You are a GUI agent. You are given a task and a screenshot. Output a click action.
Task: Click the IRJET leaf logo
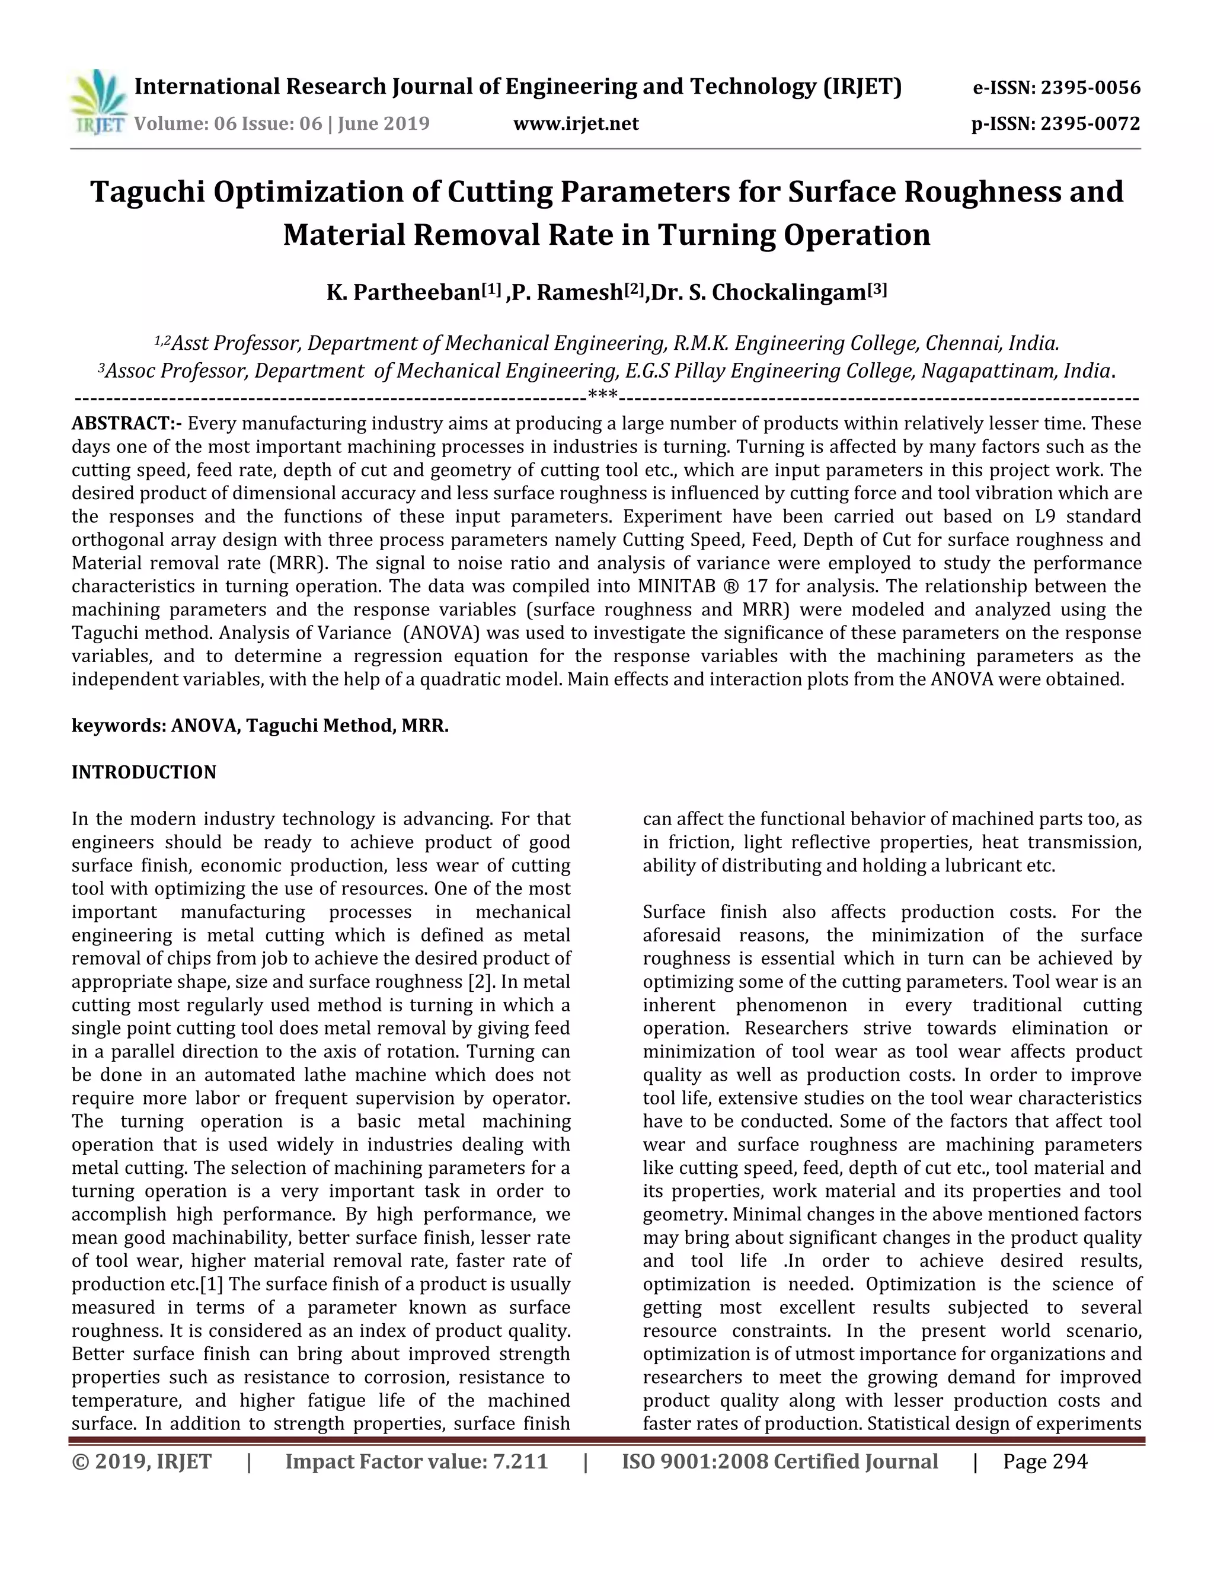(98, 101)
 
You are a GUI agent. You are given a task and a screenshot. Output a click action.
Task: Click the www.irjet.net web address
(576, 124)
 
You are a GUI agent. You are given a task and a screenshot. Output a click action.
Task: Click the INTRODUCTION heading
(144, 772)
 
